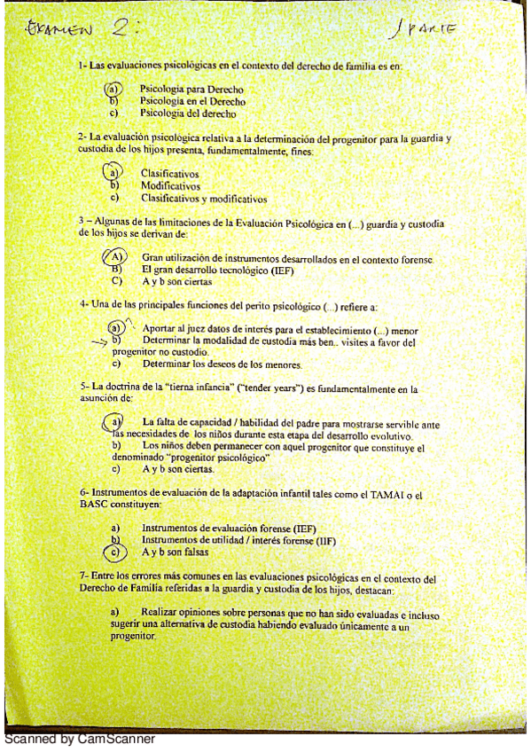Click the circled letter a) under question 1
tap(113, 90)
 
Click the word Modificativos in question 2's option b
tap(171, 186)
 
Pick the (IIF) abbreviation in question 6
tap(331, 540)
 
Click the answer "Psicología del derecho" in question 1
tap(188, 114)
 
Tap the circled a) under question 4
tap(113, 328)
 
